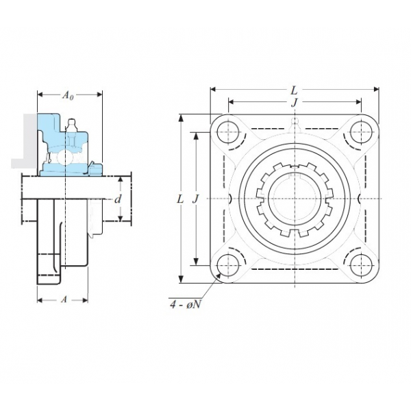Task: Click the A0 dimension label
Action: (x=68, y=95)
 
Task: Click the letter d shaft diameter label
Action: (x=119, y=199)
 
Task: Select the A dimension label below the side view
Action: (x=64, y=299)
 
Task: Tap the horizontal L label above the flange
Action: (x=295, y=90)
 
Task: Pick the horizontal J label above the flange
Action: (x=295, y=103)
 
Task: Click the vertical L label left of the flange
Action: (x=180, y=199)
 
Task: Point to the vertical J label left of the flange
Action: (x=195, y=199)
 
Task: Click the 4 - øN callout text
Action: (x=186, y=305)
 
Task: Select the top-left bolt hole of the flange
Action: (x=229, y=132)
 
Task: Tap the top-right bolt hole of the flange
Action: (x=361, y=132)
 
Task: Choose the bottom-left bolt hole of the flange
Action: (x=229, y=265)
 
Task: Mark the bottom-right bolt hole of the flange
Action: (x=361, y=265)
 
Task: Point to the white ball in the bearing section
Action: (x=64, y=156)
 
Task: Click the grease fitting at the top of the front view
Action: (x=295, y=123)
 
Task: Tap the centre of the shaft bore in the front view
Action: (x=295, y=199)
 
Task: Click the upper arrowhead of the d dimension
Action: (x=121, y=179)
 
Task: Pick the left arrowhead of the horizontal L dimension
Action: (x=213, y=89)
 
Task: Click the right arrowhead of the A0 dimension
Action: (x=99, y=95)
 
